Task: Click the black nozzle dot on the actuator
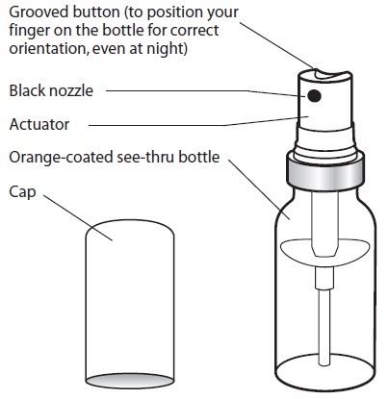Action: [x=314, y=95]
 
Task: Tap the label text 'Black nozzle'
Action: [x=51, y=90]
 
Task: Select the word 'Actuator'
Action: [x=39, y=124]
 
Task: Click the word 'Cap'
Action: [x=22, y=192]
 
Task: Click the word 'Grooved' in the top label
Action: [x=39, y=12]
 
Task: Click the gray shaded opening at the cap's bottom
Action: [x=130, y=381]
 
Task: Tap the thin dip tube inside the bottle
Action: [x=324, y=327]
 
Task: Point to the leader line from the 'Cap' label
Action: [x=78, y=217]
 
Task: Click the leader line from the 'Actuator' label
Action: [x=198, y=122]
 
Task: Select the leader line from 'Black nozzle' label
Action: [x=206, y=92]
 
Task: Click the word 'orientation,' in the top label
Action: [x=49, y=49]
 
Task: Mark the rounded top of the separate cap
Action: [x=130, y=228]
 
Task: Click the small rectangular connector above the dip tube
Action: [x=324, y=278]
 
